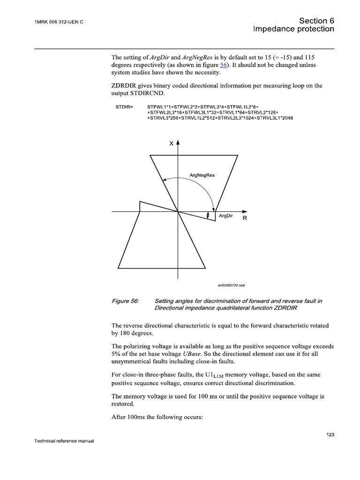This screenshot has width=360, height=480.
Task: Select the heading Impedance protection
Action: point(293,29)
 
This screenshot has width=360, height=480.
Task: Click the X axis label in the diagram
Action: point(172,144)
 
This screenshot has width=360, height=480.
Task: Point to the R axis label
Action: point(244,218)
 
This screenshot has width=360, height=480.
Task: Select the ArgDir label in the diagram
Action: point(226,216)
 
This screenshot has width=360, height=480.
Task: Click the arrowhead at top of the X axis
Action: point(178,142)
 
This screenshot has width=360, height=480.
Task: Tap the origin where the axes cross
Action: point(178,212)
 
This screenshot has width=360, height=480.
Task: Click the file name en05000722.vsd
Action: point(231,285)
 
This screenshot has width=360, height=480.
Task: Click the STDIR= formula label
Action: point(124,107)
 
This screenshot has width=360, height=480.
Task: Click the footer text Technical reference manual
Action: point(65,441)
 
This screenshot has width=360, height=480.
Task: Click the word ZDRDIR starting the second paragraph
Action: point(126,85)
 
